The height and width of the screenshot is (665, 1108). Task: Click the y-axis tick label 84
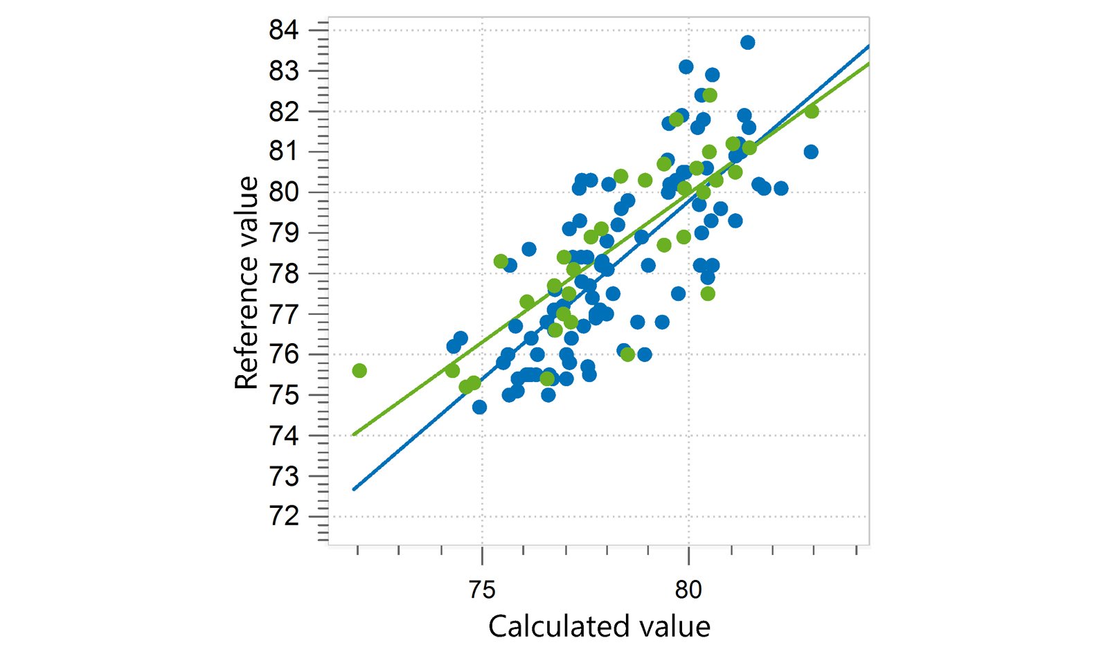(284, 30)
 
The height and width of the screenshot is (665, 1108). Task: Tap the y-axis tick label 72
(284, 517)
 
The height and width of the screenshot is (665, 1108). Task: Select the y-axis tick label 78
(284, 273)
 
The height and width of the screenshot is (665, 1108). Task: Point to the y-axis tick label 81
(284, 152)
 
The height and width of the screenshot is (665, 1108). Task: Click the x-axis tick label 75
(482, 590)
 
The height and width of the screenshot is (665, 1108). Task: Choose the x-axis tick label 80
(688, 590)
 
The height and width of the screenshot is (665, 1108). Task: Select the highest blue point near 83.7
(747, 42)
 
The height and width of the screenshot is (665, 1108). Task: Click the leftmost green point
(359, 370)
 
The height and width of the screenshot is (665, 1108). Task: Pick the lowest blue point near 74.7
(479, 408)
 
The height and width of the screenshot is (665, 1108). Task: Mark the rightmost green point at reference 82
(811, 111)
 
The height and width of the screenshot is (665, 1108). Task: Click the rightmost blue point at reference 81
(811, 152)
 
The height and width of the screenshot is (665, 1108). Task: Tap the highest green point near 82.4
(709, 95)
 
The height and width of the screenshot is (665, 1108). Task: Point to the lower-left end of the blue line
(353, 489)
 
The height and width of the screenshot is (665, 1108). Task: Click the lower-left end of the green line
(353, 435)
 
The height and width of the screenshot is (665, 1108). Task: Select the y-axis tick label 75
(284, 395)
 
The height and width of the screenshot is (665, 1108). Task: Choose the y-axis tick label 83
(284, 71)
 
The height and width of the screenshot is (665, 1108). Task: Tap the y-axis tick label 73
(284, 476)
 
